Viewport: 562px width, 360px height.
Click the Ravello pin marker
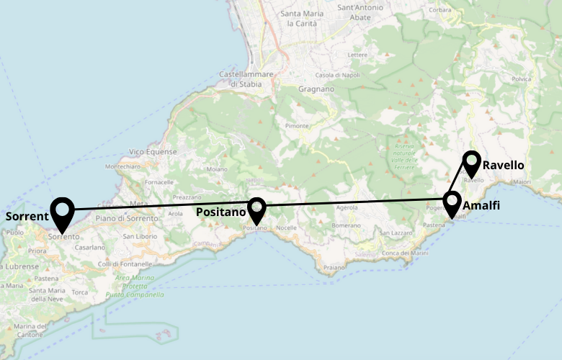(471, 163)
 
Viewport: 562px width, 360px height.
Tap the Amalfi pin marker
(452, 204)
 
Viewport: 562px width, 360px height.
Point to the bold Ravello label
(503, 166)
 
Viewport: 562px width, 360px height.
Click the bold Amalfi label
(481, 207)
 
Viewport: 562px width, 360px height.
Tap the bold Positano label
(220, 212)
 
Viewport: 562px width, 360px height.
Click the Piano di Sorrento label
(127, 218)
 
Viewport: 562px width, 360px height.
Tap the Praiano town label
(334, 267)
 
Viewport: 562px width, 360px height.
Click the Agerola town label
(347, 207)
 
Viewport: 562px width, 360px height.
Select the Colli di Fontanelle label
(125, 263)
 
